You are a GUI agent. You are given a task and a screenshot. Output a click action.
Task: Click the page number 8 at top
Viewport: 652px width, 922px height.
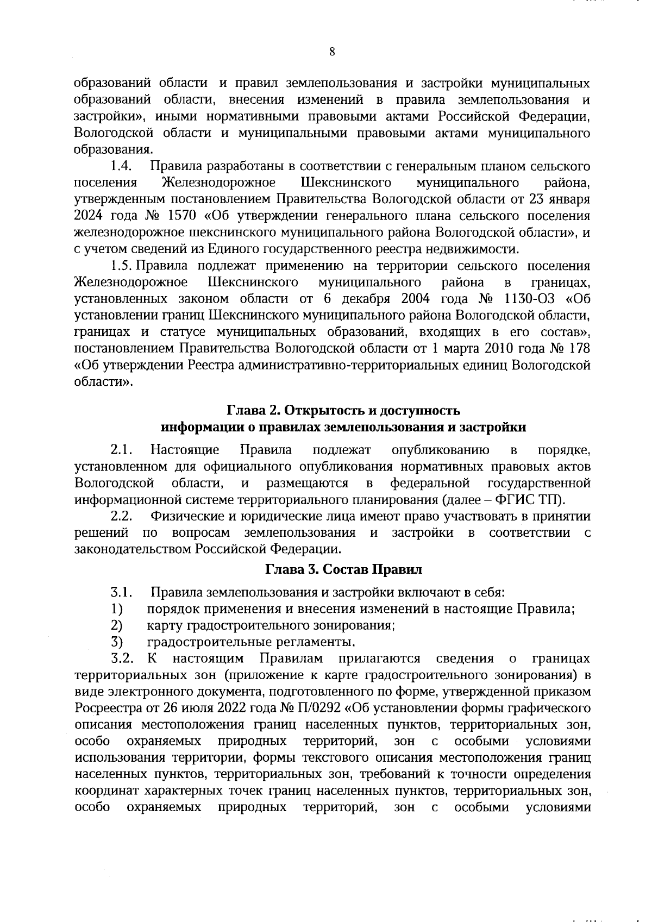(x=332, y=52)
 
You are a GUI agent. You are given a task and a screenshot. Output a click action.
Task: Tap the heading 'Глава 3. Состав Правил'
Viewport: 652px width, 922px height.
(x=343, y=570)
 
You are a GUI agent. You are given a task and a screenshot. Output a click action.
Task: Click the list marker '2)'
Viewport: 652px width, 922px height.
(x=116, y=625)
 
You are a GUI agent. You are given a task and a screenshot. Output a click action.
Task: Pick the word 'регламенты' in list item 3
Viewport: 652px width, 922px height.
(x=321, y=642)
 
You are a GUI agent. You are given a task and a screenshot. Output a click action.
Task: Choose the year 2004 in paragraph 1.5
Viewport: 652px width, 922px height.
(x=415, y=299)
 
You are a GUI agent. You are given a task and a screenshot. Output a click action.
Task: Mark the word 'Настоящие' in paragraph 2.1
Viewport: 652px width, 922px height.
(x=185, y=450)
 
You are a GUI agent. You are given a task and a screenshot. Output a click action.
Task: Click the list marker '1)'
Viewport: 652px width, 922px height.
(x=116, y=609)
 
